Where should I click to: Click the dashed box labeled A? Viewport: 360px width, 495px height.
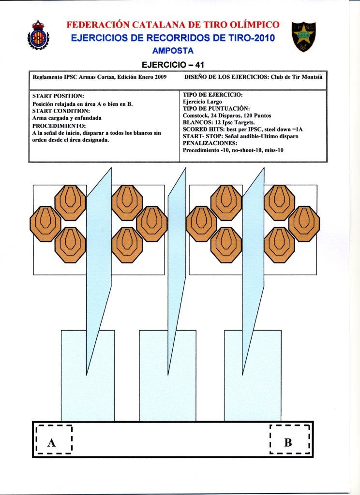(54, 440)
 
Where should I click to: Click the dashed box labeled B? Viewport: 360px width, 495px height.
(289, 440)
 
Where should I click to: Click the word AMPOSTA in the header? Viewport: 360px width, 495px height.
(172, 51)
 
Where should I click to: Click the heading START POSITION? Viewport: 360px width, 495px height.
(58, 96)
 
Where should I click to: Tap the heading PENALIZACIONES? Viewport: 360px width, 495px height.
(210, 144)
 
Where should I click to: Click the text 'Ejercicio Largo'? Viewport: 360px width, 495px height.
(202, 102)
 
